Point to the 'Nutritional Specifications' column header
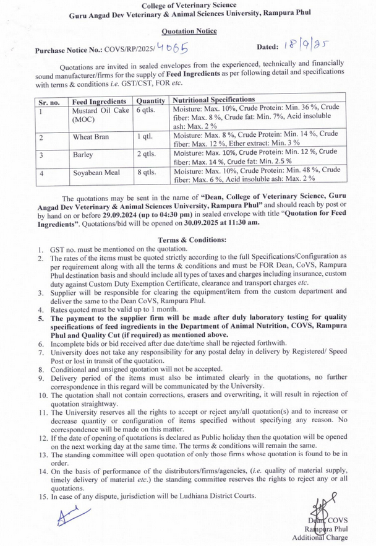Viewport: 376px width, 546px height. [x=213, y=99]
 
